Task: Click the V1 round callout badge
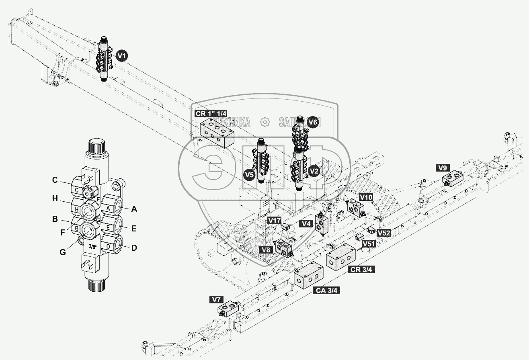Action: point(121,56)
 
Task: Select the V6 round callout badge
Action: point(313,122)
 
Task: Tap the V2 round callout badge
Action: point(314,171)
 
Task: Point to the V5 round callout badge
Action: point(249,175)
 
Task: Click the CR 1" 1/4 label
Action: point(211,114)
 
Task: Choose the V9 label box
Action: point(444,168)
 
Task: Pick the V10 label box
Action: point(366,197)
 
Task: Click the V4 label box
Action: point(307,223)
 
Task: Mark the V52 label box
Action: point(383,233)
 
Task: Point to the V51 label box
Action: point(369,243)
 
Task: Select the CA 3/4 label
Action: point(326,290)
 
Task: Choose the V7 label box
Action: point(217,300)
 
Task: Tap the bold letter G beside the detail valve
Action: point(62,252)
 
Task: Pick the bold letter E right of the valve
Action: point(133,229)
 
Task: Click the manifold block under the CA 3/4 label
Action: point(309,276)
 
